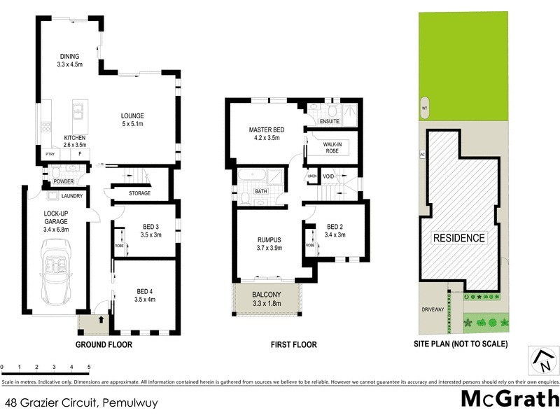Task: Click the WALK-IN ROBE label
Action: [332, 148]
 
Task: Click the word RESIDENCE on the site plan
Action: [459, 238]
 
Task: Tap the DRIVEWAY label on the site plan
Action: [433, 309]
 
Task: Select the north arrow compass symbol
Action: [543, 360]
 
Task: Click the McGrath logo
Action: [510, 399]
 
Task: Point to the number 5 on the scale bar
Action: [89, 367]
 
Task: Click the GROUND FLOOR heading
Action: [104, 344]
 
